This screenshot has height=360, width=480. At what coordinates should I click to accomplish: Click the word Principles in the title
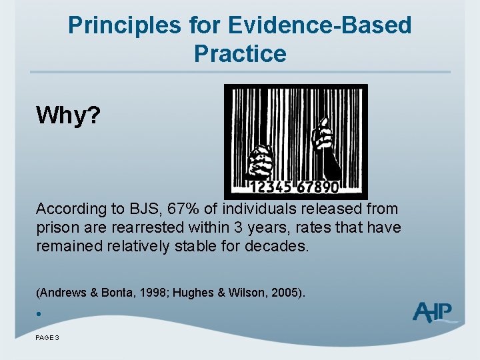pyautogui.click(x=125, y=25)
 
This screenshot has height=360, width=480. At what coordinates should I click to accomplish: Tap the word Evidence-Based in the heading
pyautogui.click(x=319, y=25)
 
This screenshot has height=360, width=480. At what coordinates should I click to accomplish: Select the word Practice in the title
pyautogui.click(x=240, y=53)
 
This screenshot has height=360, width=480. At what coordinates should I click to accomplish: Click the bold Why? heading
pyautogui.click(x=68, y=115)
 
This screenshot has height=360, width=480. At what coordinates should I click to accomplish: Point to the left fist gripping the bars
pyautogui.click(x=259, y=162)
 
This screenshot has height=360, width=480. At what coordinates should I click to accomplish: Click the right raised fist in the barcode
pyautogui.click(x=325, y=147)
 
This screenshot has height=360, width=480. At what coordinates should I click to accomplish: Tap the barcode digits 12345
pyautogui.click(x=271, y=187)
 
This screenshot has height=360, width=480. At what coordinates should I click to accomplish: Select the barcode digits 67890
pyautogui.click(x=318, y=187)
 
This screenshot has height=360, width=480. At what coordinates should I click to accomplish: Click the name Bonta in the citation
pyautogui.click(x=117, y=293)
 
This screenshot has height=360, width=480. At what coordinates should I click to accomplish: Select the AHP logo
pyautogui.click(x=433, y=312)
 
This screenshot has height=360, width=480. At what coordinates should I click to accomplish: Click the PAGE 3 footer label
pyautogui.click(x=47, y=337)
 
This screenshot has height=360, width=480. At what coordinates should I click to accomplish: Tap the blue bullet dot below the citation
pyautogui.click(x=39, y=314)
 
